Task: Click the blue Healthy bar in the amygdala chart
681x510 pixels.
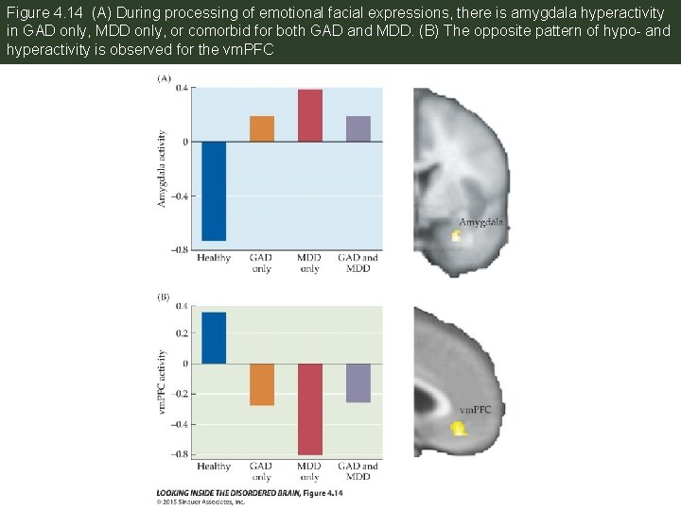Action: (x=214, y=191)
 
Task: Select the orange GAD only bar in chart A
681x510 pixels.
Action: (x=262, y=128)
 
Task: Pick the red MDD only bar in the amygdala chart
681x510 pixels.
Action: (x=310, y=115)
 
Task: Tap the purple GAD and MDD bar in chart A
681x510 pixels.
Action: (x=358, y=128)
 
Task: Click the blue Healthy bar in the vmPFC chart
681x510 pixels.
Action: (x=214, y=338)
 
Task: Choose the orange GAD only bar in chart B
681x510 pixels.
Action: (x=262, y=384)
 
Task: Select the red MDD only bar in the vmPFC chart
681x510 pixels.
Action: (x=310, y=409)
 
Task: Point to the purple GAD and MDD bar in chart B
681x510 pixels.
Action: (x=358, y=383)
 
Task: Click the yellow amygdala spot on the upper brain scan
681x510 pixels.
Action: (x=456, y=236)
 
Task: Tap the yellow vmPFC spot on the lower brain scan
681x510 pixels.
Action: (x=459, y=429)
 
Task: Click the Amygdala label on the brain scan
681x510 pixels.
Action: (x=481, y=223)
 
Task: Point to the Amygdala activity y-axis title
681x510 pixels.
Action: (x=162, y=169)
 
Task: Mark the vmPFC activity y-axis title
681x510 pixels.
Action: (x=162, y=382)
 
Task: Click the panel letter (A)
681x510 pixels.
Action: (x=165, y=79)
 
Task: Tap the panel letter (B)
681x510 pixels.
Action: (x=165, y=297)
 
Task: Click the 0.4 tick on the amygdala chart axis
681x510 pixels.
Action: (x=180, y=88)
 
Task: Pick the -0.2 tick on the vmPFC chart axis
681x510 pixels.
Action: (x=178, y=394)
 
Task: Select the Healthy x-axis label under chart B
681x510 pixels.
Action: (x=214, y=467)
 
